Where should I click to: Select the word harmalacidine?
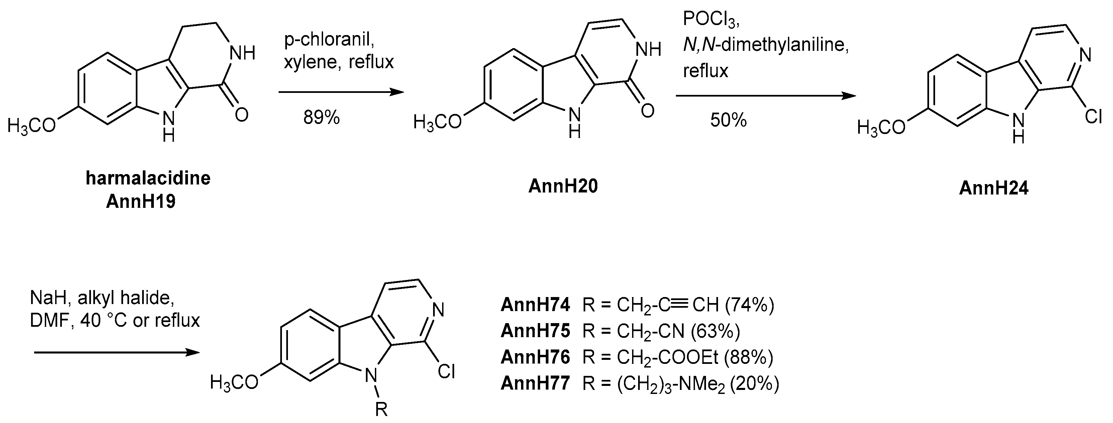point(148,178)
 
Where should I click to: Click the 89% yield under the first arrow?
point(321,117)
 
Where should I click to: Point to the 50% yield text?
point(728,120)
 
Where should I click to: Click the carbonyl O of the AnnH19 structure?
point(241,114)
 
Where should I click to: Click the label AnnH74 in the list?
point(535,305)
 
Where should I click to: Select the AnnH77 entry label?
point(535,383)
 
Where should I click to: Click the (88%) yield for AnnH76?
point(748,357)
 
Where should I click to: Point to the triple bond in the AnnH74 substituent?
point(680,305)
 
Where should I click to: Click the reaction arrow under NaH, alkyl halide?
point(117,352)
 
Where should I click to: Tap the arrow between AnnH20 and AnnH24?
point(765,96)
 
